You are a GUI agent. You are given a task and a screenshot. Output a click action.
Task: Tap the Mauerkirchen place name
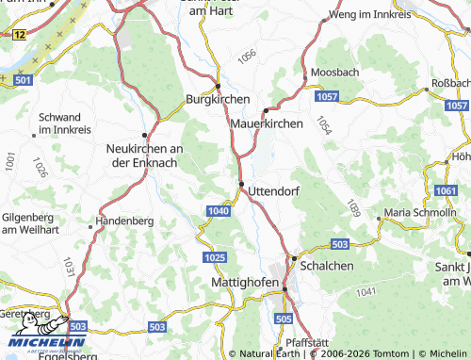pos(267,123)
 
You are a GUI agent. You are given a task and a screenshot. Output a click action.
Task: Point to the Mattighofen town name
pos(242,282)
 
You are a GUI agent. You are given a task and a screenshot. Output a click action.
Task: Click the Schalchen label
pos(326,267)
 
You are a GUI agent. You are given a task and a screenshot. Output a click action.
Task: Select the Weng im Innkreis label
pos(370,15)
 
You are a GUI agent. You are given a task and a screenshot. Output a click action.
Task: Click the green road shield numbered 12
pos(19,34)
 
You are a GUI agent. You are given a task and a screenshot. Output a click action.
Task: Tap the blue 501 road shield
pos(24,82)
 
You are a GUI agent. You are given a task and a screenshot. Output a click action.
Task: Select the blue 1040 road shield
pos(217,211)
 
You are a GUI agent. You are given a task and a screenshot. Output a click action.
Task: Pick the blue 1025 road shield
pos(213,257)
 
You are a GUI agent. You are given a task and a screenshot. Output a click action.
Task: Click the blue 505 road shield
pos(284,320)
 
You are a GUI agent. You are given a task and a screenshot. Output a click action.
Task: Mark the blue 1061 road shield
pos(447,192)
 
